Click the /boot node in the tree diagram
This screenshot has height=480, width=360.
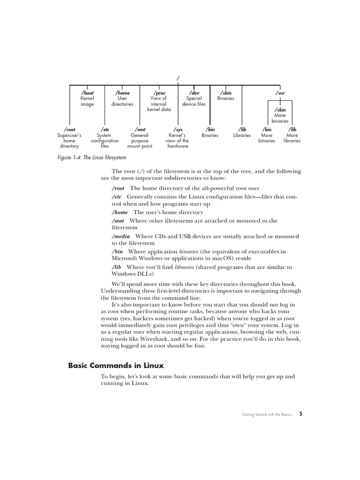pyautogui.click(x=87, y=93)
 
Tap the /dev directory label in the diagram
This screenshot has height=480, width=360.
pyautogui.click(x=194, y=93)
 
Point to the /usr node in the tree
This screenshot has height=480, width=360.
pyautogui.click(x=280, y=93)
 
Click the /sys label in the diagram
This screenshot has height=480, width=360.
pyautogui.click(x=178, y=129)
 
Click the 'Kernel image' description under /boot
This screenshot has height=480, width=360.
pyautogui.click(x=87, y=101)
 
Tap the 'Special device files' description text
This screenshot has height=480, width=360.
pyautogui.click(x=194, y=101)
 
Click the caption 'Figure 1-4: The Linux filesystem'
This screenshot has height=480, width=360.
pyautogui.click(x=91, y=157)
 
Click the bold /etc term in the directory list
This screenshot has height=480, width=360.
pyautogui.click(x=117, y=196)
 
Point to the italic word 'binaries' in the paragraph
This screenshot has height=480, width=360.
pyautogui.click(x=189, y=252)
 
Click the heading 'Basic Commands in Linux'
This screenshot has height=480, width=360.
pyautogui.click(x=116, y=365)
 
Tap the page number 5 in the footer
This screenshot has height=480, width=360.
pyautogui.click(x=301, y=414)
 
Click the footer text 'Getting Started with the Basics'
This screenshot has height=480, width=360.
pyautogui.click(x=266, y=414)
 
